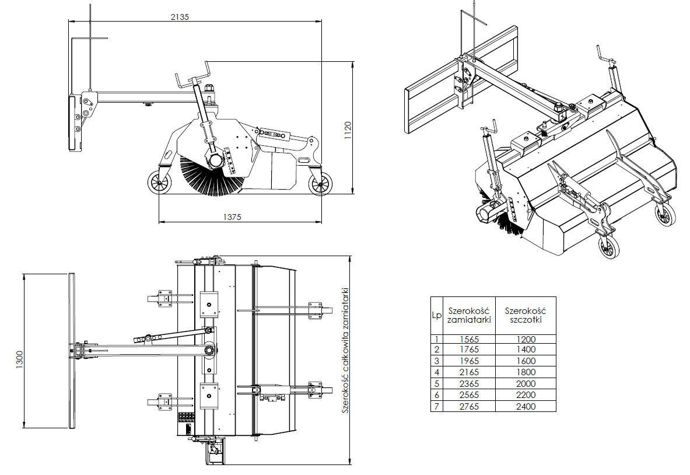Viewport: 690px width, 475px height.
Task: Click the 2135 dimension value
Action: pyautogui.click(x=180, y=17)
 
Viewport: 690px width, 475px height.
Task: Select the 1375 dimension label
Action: pyautogui.click(x=232, y=216)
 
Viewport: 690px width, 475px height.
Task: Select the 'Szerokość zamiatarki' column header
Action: pyautogui.click(x=469, y=315)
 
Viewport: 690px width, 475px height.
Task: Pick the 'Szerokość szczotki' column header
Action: pyautogui.click(x=526, y=315)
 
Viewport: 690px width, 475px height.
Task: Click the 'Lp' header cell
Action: pyautogui.click(x=436, y=315)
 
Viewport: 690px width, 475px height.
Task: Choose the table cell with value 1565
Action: pyautogui.click(x=469, y=339)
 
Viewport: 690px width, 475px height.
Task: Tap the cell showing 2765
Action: pyautogui.click(x=469, y=406)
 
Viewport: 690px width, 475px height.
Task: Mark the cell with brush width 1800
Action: pyautogui.click(x=526, y=372)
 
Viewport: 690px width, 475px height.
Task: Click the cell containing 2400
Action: pyautogui.click(x=526, y=406)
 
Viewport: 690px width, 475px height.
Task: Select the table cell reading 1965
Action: pyautogui.click(x=469, y=361)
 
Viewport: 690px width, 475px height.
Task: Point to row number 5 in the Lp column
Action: pyautogui.click(x=436, y=383)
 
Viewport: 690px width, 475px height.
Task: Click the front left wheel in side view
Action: pyautogui.click(x=159, y=184)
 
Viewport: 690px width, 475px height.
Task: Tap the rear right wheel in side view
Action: pyautogui.click(x=320, y=186)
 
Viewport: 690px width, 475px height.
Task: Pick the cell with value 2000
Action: pyautogui.click(x=526, y=383)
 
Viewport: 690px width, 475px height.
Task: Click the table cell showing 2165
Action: pyautogui.click(x=469, y=372)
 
